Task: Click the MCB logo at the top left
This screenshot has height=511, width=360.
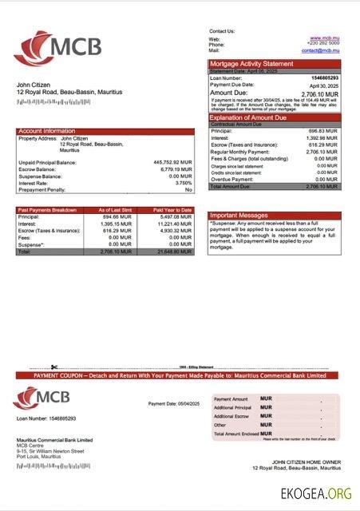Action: (57, 48)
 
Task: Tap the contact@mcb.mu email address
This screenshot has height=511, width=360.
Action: (321, 50)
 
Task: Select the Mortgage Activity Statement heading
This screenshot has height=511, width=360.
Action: (251, 64)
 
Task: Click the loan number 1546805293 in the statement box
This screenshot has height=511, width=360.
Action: (323, 77)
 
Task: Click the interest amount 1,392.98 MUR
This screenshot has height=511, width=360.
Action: (322, 137)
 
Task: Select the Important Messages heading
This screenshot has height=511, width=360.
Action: (239, 216)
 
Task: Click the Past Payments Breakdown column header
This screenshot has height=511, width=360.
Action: (47, 209)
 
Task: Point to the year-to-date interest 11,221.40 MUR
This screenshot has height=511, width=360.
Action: (176, 224)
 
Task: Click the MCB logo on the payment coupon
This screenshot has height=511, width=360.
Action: (42, 397)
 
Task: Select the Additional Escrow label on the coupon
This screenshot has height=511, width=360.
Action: (232, 416)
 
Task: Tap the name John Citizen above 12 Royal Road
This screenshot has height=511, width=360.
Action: (35, 85)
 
